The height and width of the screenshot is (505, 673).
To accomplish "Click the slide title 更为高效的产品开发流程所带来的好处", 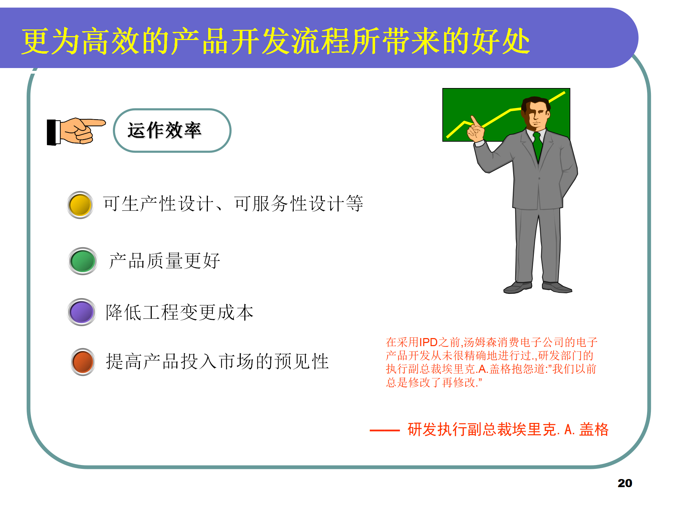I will (276, 41).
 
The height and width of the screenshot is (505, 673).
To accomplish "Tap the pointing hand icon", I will (76, 131).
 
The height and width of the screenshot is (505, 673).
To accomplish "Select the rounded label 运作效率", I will (172, 130).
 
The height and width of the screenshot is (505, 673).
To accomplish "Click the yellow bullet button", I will (80, 205).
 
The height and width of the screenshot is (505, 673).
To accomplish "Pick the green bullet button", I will (83, 261).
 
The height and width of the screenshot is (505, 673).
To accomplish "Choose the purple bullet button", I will (81, 312).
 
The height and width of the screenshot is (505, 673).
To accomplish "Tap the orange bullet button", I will (83, 362).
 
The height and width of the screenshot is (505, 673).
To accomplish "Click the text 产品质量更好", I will (164, 261).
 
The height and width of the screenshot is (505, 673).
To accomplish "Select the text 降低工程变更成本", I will (179, 312).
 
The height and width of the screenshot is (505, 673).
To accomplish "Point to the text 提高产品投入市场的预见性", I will (217, 362).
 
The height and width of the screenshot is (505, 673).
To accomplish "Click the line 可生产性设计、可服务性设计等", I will (233, 204).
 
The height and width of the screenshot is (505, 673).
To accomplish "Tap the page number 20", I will (625, 483).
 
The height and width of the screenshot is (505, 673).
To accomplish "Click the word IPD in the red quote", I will (428, 342).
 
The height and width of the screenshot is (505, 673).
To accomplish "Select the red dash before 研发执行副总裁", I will (385, 430).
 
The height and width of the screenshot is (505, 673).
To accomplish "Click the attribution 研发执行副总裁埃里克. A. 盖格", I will (508, 430).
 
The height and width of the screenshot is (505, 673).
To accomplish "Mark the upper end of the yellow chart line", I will (564, 93).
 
